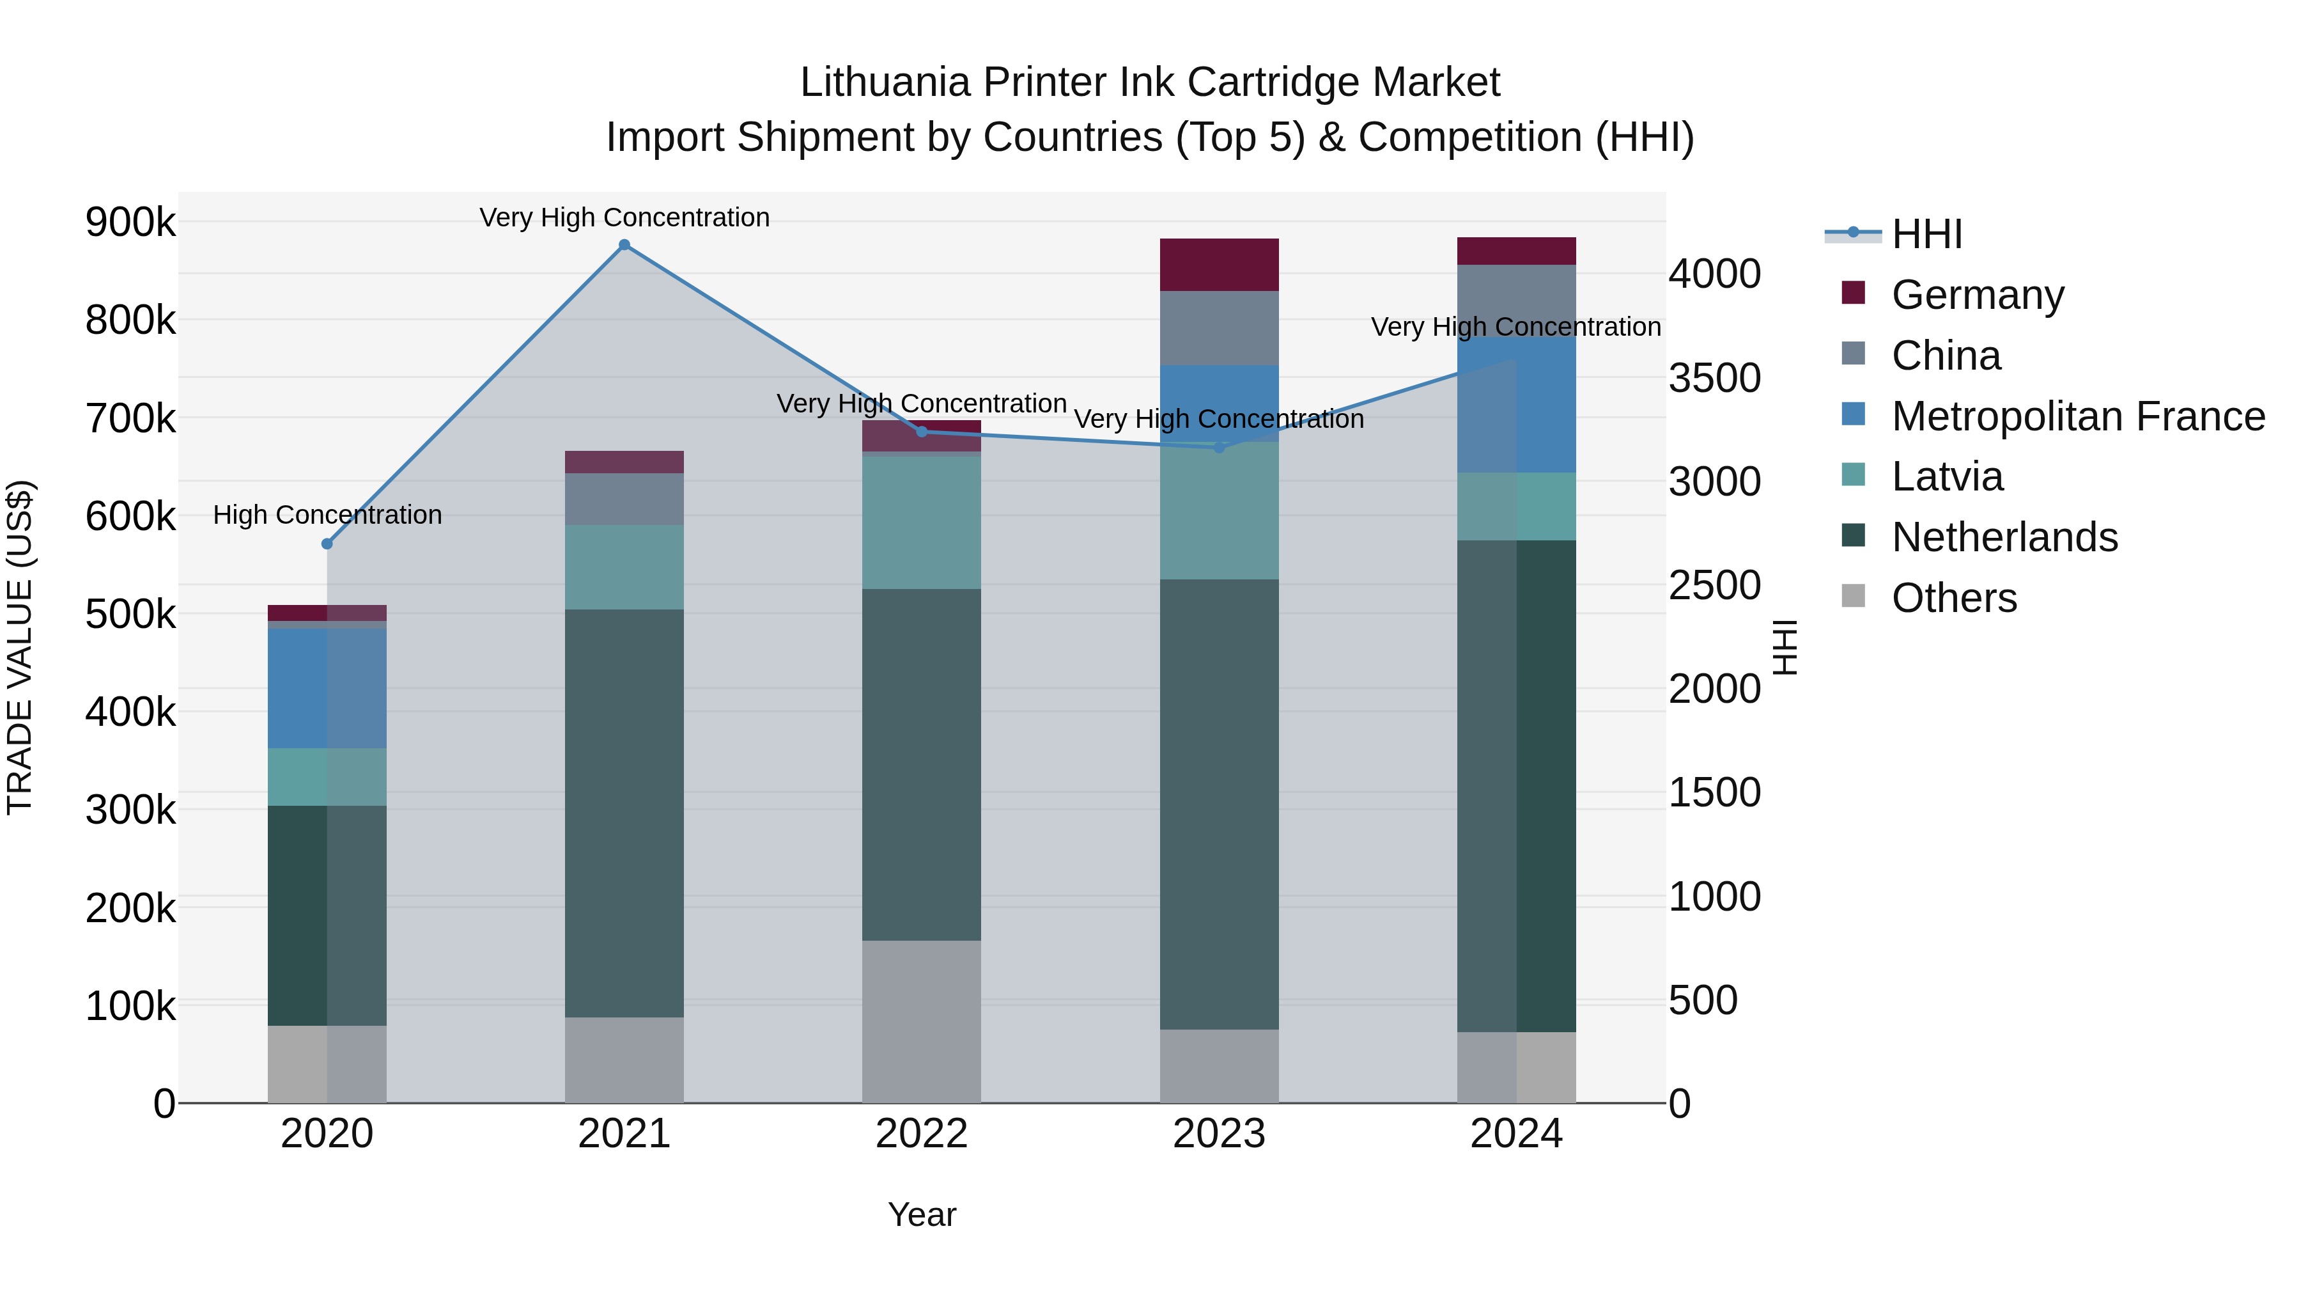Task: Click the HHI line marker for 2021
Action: point(624,245)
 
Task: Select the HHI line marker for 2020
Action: point(327,544)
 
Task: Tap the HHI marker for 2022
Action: point(922,432)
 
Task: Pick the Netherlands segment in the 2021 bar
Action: point(624,813)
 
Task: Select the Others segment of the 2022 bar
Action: point(921,1021)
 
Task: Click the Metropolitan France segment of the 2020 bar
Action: point(327,688)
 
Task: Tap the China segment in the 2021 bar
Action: point(624,499)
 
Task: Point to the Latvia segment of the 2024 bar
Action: point(1516,506)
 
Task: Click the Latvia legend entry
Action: point(1948,476)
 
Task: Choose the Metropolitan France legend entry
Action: point(2078,416)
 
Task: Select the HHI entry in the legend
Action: point(1926,234)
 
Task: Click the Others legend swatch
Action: point(1854,596)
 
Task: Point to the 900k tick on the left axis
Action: point(130,222)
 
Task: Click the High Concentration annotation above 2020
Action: point(327,515)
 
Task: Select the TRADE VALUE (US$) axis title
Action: point(20,647)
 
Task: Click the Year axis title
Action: point(922,1214)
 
